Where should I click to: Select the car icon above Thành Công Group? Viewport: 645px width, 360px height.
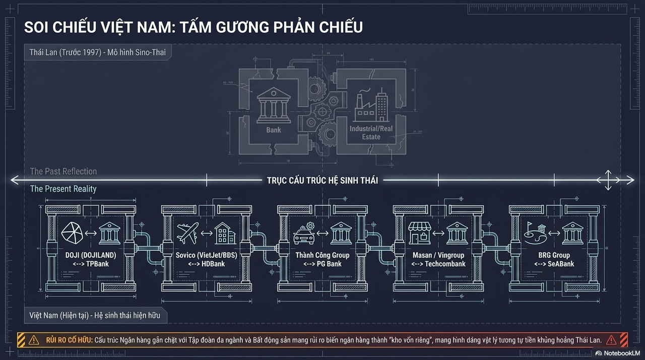(304, 233)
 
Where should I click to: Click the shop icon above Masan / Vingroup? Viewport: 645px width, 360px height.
(419, 233)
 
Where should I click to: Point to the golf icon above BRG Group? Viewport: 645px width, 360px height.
(535, 233)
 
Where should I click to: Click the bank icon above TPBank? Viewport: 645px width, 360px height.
(109, 233)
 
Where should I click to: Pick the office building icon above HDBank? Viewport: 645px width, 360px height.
(224, 233)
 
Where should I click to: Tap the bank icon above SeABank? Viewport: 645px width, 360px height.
(572, 233)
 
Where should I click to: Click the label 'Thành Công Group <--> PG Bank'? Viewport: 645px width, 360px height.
(322, 259)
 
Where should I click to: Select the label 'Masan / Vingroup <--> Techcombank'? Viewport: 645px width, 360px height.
(438, 259)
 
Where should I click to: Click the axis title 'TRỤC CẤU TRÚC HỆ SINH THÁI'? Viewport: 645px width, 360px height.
(322, 180)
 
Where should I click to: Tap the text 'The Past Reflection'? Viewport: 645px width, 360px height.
(63, 171)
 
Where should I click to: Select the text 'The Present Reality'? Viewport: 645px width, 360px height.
(63, 189)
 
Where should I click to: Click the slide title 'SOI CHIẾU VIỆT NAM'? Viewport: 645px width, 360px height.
(193, 27)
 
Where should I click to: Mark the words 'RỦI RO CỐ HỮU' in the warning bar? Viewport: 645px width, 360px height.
(67, 340)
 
